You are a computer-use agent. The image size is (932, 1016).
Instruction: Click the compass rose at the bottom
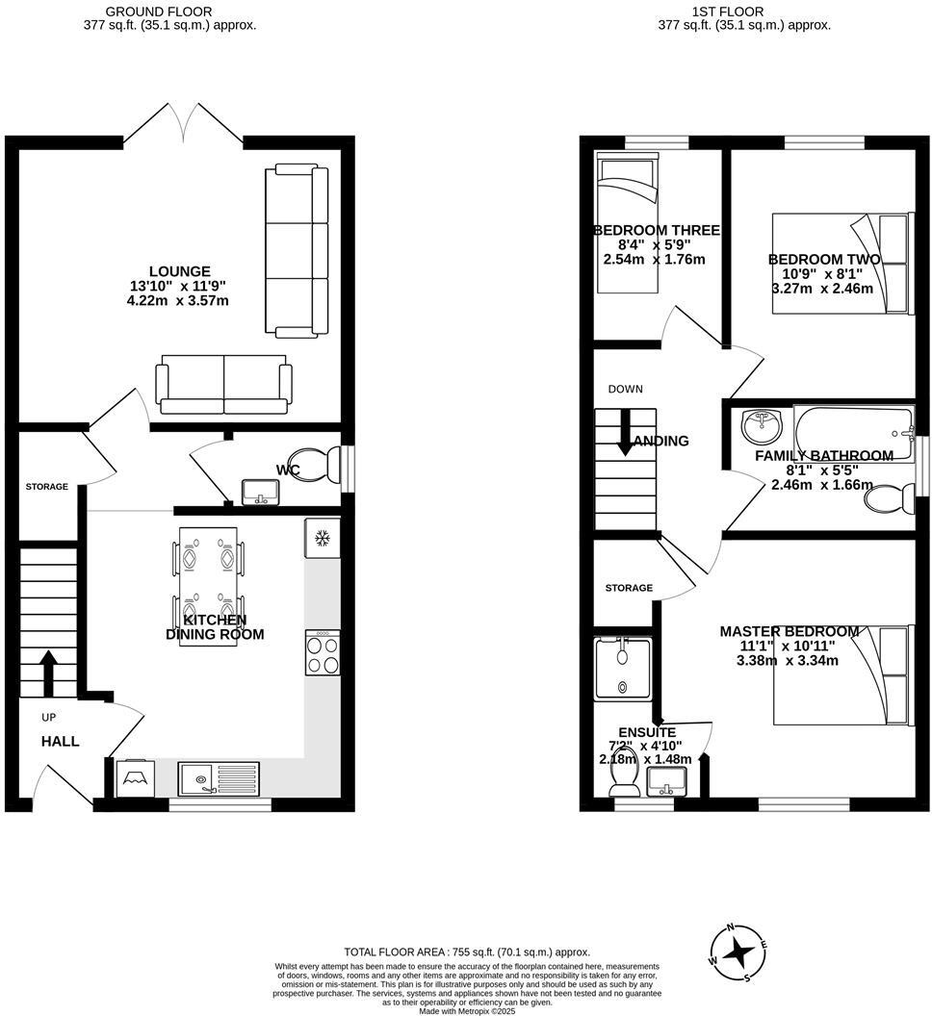(x=738, y=952)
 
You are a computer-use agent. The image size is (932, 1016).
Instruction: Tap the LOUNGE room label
(x=179, y=271)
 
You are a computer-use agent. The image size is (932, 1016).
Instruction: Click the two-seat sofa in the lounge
(x=224, y=383)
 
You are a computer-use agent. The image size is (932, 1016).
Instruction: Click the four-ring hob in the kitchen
(x=323, y=653)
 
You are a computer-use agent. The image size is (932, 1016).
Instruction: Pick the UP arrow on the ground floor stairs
(x=46, y=672)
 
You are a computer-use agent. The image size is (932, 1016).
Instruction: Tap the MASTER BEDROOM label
(x=790, y=631)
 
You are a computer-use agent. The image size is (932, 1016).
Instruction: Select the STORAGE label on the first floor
(x=629, y=588)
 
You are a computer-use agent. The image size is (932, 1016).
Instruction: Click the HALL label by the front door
(x=60, y=741)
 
